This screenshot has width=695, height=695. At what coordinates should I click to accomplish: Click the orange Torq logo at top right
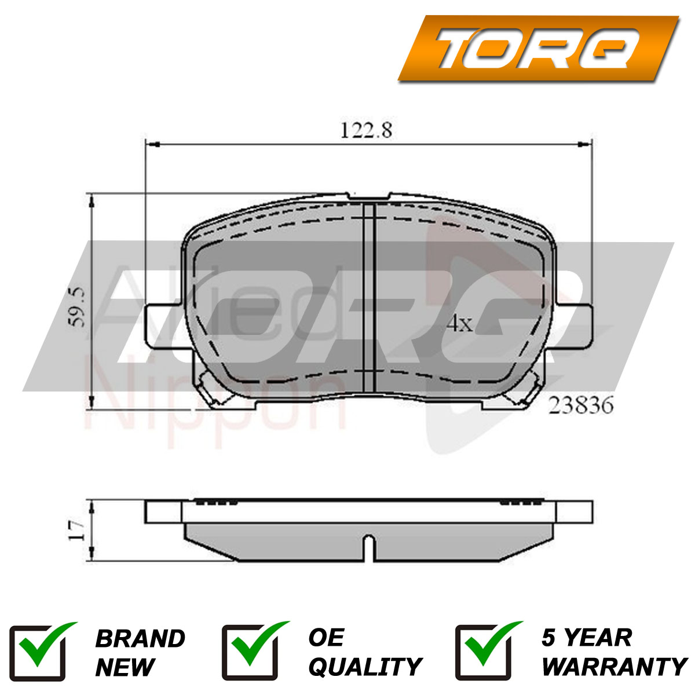tap(538, 48)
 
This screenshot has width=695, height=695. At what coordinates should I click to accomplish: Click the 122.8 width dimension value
tap(365, 130)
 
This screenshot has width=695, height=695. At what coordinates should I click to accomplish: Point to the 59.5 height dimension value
tap(77, 307)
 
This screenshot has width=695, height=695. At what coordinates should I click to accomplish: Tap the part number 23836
tap(581, 405)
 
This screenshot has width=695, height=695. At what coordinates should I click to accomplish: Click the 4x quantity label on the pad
tap(459, 324)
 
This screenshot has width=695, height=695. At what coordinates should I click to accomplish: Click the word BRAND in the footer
tap(140, 639)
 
